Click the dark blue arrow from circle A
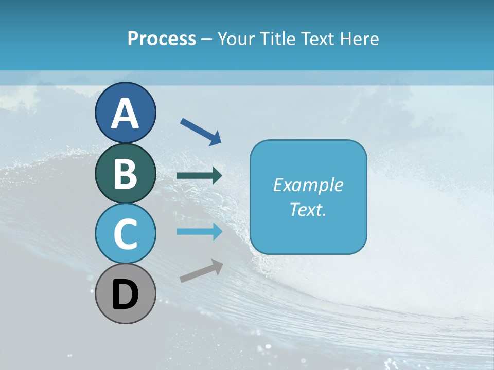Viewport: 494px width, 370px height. point(201,131)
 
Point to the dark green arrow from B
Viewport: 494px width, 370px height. point(199,176)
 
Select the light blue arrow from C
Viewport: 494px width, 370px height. point(199,232)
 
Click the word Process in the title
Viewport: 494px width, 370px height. point(162,39)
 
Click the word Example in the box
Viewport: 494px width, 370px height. point(308,185)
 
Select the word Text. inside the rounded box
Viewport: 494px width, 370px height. point(308,209)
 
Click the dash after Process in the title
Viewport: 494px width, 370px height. point(206,39)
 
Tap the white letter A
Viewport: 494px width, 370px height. point(125,114)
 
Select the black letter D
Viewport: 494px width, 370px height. point(125,295)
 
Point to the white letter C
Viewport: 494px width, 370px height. point(125,234)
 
